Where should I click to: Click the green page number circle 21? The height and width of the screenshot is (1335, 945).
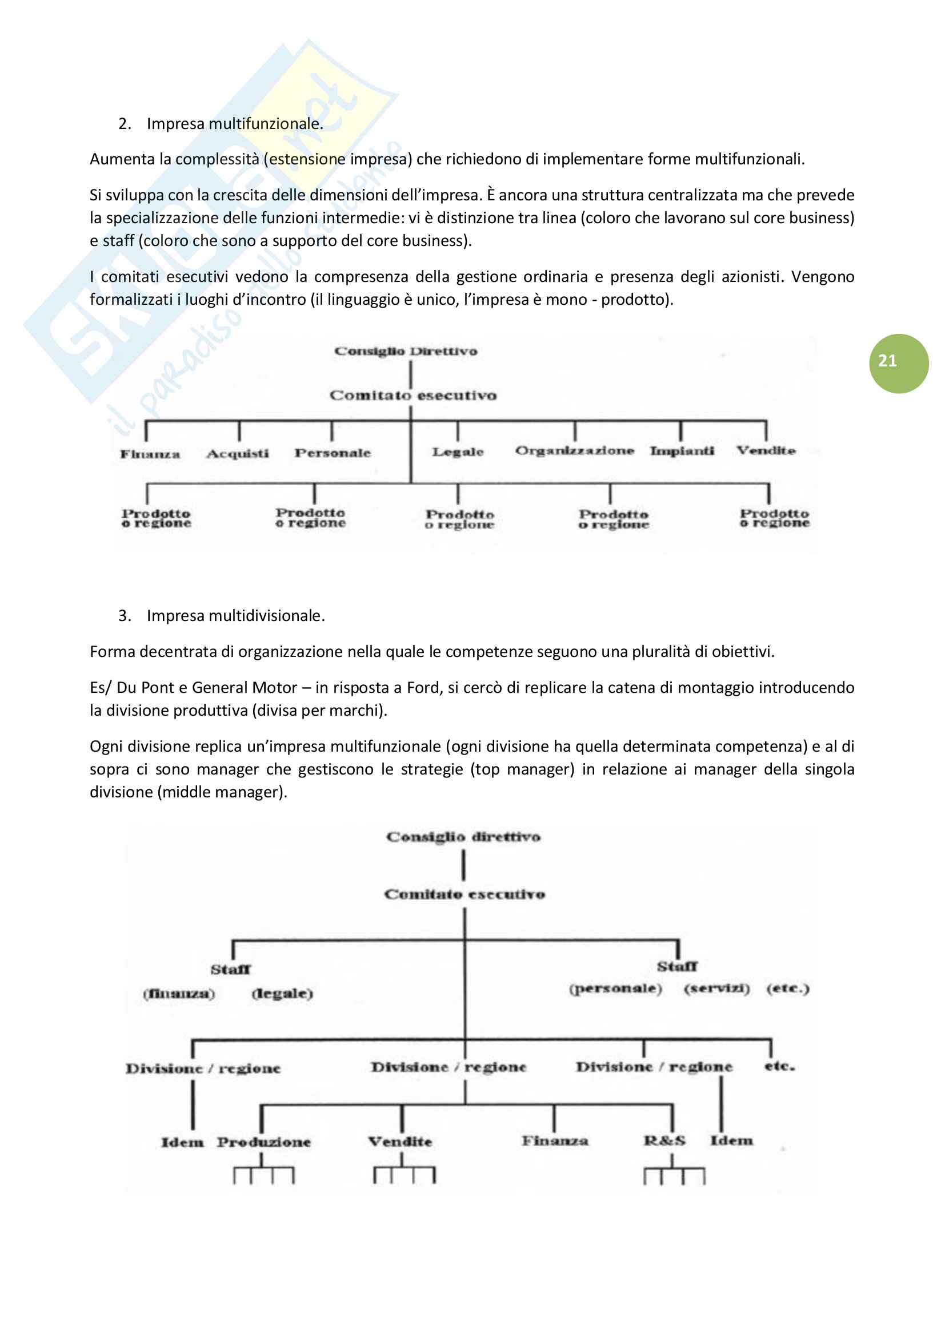(898, 364)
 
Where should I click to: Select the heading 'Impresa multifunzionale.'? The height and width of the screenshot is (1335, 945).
(234, 124)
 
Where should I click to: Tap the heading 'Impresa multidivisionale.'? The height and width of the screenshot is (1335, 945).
(235, 616)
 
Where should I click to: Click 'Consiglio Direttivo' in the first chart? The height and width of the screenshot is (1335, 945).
(406, 351)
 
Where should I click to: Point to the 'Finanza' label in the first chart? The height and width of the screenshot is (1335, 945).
(150, 454)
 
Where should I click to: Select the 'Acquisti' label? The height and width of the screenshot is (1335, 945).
(238, 454)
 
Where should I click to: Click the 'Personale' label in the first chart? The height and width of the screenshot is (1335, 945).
(333, 453)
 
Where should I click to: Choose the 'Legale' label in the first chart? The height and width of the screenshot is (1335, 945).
(458, 452)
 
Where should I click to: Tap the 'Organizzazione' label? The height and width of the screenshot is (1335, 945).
(574, 451)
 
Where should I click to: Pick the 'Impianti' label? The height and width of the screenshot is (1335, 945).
(682, 451)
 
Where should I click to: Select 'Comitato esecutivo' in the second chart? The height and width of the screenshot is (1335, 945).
(465, 894)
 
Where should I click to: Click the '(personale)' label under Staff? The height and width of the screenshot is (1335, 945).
(615, 989)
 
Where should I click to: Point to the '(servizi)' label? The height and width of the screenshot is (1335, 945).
(717, 989)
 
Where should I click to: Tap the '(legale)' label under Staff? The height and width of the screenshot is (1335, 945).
(282, 993)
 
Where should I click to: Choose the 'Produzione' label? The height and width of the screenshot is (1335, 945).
(263, 1142)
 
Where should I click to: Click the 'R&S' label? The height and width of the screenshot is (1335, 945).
(664, 1141)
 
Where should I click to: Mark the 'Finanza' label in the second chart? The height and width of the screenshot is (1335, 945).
(555, 1141)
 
